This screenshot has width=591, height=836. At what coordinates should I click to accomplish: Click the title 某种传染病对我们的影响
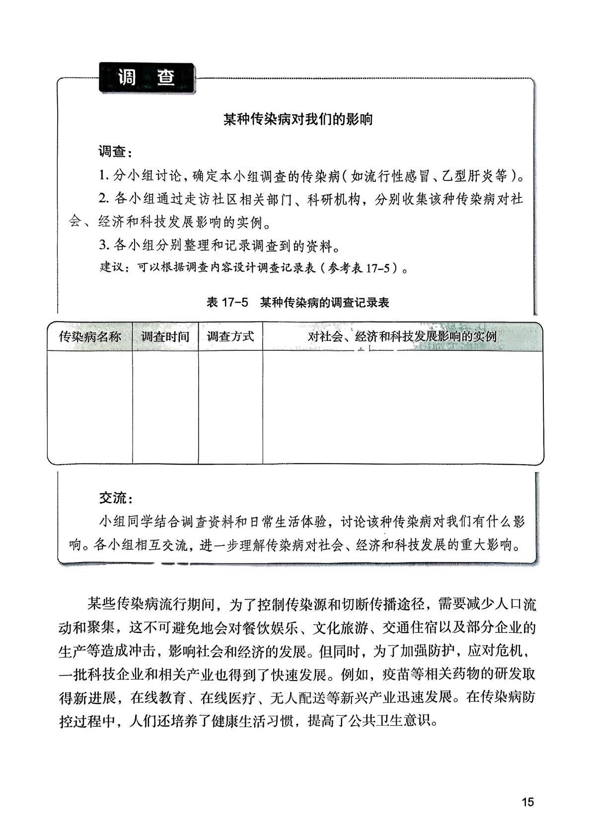(x=297, y=120)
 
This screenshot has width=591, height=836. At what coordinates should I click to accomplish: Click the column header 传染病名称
(x=90, y=336)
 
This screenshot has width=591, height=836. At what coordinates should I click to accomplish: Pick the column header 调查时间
(x=165, y=336)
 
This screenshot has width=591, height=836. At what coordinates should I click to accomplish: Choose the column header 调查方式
(x=230, y=336)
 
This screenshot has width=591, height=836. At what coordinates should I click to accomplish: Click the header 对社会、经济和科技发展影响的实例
(x=402, y=336)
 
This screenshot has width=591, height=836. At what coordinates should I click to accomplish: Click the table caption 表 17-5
(x=227, y=303)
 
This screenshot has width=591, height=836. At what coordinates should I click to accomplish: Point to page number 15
(x=527, y=802)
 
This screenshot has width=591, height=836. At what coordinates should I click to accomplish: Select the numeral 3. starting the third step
(x=103, y=245)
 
